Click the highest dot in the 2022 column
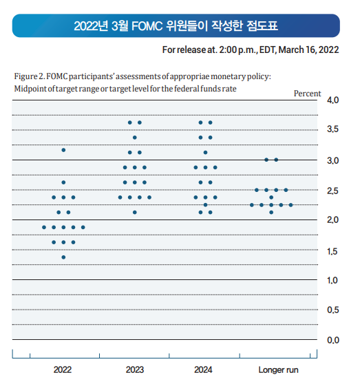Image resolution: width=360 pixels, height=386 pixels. (63, 150)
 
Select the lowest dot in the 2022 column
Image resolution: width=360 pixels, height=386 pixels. (63, 257)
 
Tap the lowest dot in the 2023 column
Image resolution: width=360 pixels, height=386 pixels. (135, 212)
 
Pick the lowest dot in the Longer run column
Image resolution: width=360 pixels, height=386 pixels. (271, 212)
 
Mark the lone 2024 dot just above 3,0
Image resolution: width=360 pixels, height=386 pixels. (205, 153)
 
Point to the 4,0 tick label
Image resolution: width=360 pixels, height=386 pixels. (332, 100)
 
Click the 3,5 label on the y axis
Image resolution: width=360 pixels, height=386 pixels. (332, 130)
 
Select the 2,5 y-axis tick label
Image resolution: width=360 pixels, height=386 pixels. (332, 190)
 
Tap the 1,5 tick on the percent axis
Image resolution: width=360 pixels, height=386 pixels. (332, 250)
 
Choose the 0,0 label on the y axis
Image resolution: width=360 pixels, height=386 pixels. (332, 340)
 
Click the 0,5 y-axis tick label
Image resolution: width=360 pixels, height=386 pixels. (332, 310)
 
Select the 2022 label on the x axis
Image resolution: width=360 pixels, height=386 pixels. (63, 369)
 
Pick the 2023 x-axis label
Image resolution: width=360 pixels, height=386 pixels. (135, 369)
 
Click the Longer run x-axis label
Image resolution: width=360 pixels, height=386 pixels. (278, 369)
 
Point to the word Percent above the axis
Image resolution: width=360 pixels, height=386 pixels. (308, 93)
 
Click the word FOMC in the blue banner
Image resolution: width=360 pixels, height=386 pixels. (145, 26)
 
